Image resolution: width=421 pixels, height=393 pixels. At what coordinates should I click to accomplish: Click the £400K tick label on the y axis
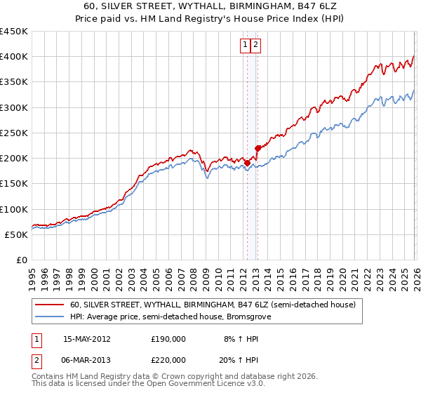(13, 57)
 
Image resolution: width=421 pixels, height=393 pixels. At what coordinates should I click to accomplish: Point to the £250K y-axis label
(13, 133)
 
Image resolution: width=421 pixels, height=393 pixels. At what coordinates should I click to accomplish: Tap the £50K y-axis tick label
(16, 234)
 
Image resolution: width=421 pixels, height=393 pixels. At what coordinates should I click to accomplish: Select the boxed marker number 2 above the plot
(256, 45)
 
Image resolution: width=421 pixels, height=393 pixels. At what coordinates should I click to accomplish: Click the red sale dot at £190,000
(247, 163)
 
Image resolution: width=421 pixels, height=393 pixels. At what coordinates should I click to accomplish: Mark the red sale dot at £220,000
(258, 148)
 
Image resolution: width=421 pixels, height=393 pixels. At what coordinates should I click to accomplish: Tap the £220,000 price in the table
(168, 359)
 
